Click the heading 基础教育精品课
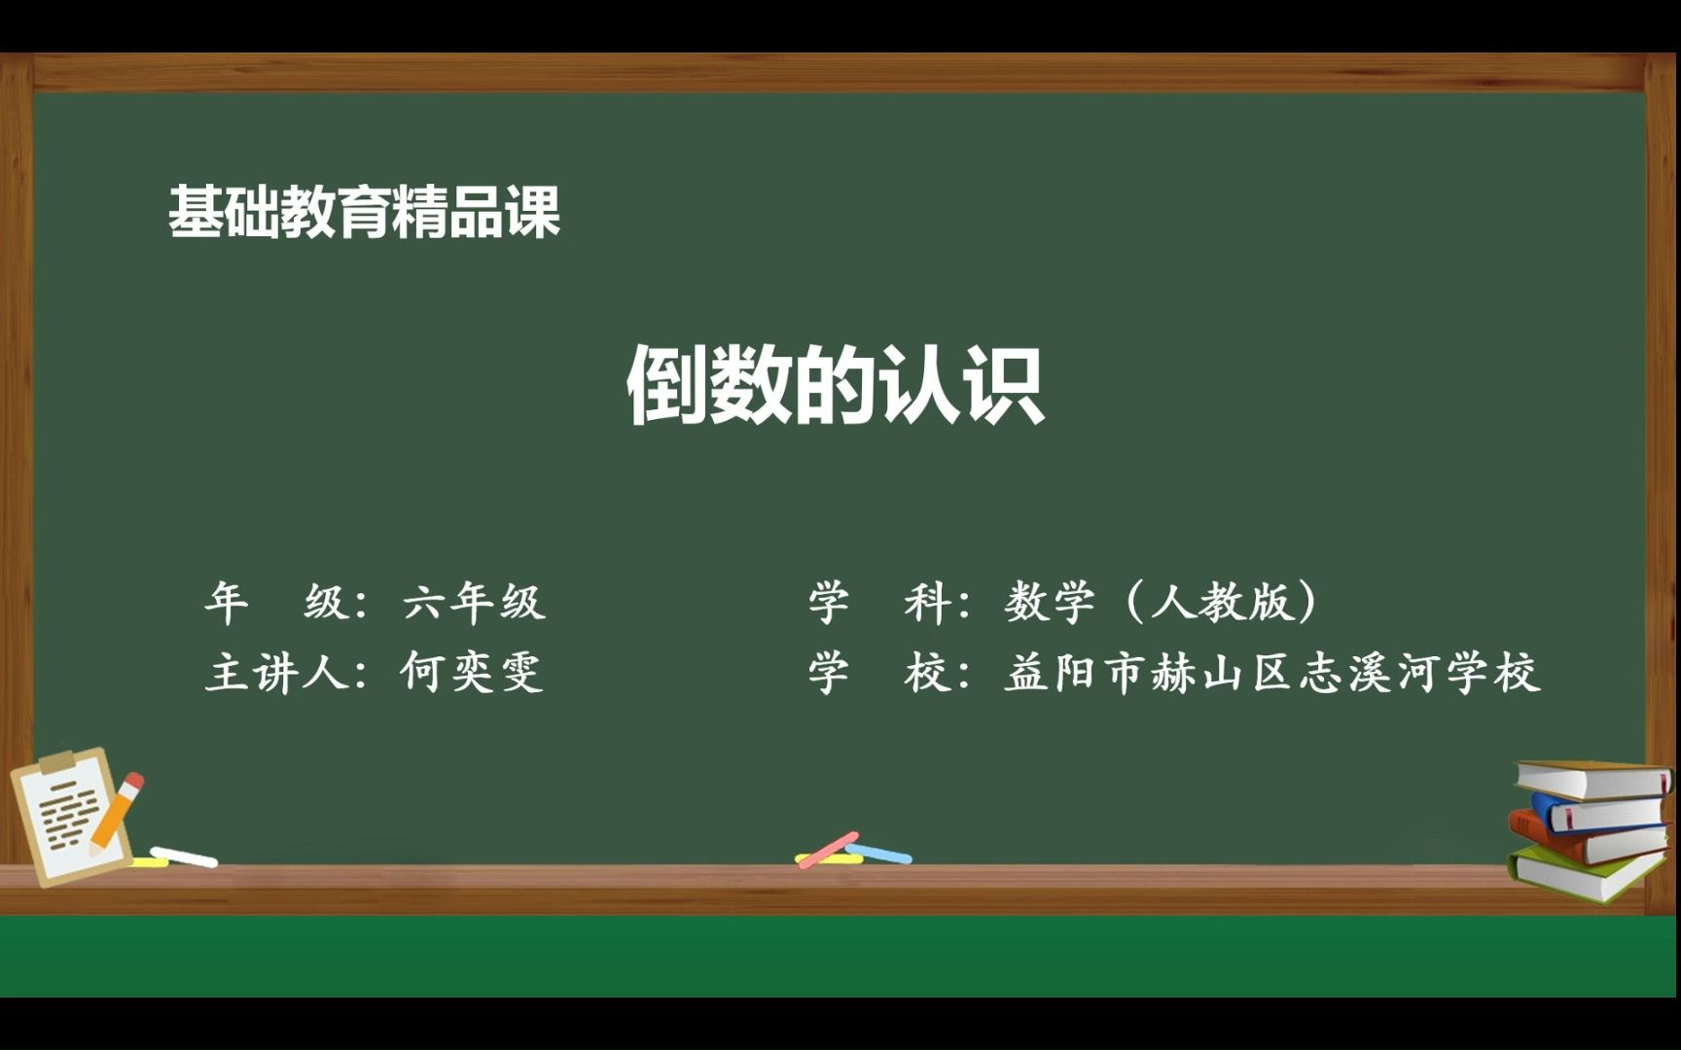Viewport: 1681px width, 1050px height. [364, 211]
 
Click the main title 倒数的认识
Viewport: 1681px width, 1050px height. [835, 385]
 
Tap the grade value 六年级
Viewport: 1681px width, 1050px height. [474, 603]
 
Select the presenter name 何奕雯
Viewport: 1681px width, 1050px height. [472, 672]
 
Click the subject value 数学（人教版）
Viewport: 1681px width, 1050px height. [1162, 602]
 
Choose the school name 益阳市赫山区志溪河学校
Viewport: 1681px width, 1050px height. [1272, 673]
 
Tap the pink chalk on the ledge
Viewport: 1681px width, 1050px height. [828, 850]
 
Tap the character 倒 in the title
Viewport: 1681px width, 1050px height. [666, 385]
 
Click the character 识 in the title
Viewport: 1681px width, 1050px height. [1004, 385]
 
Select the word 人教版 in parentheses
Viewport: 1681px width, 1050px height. [1234, 602]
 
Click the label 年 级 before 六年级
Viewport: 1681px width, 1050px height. [277, 603]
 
